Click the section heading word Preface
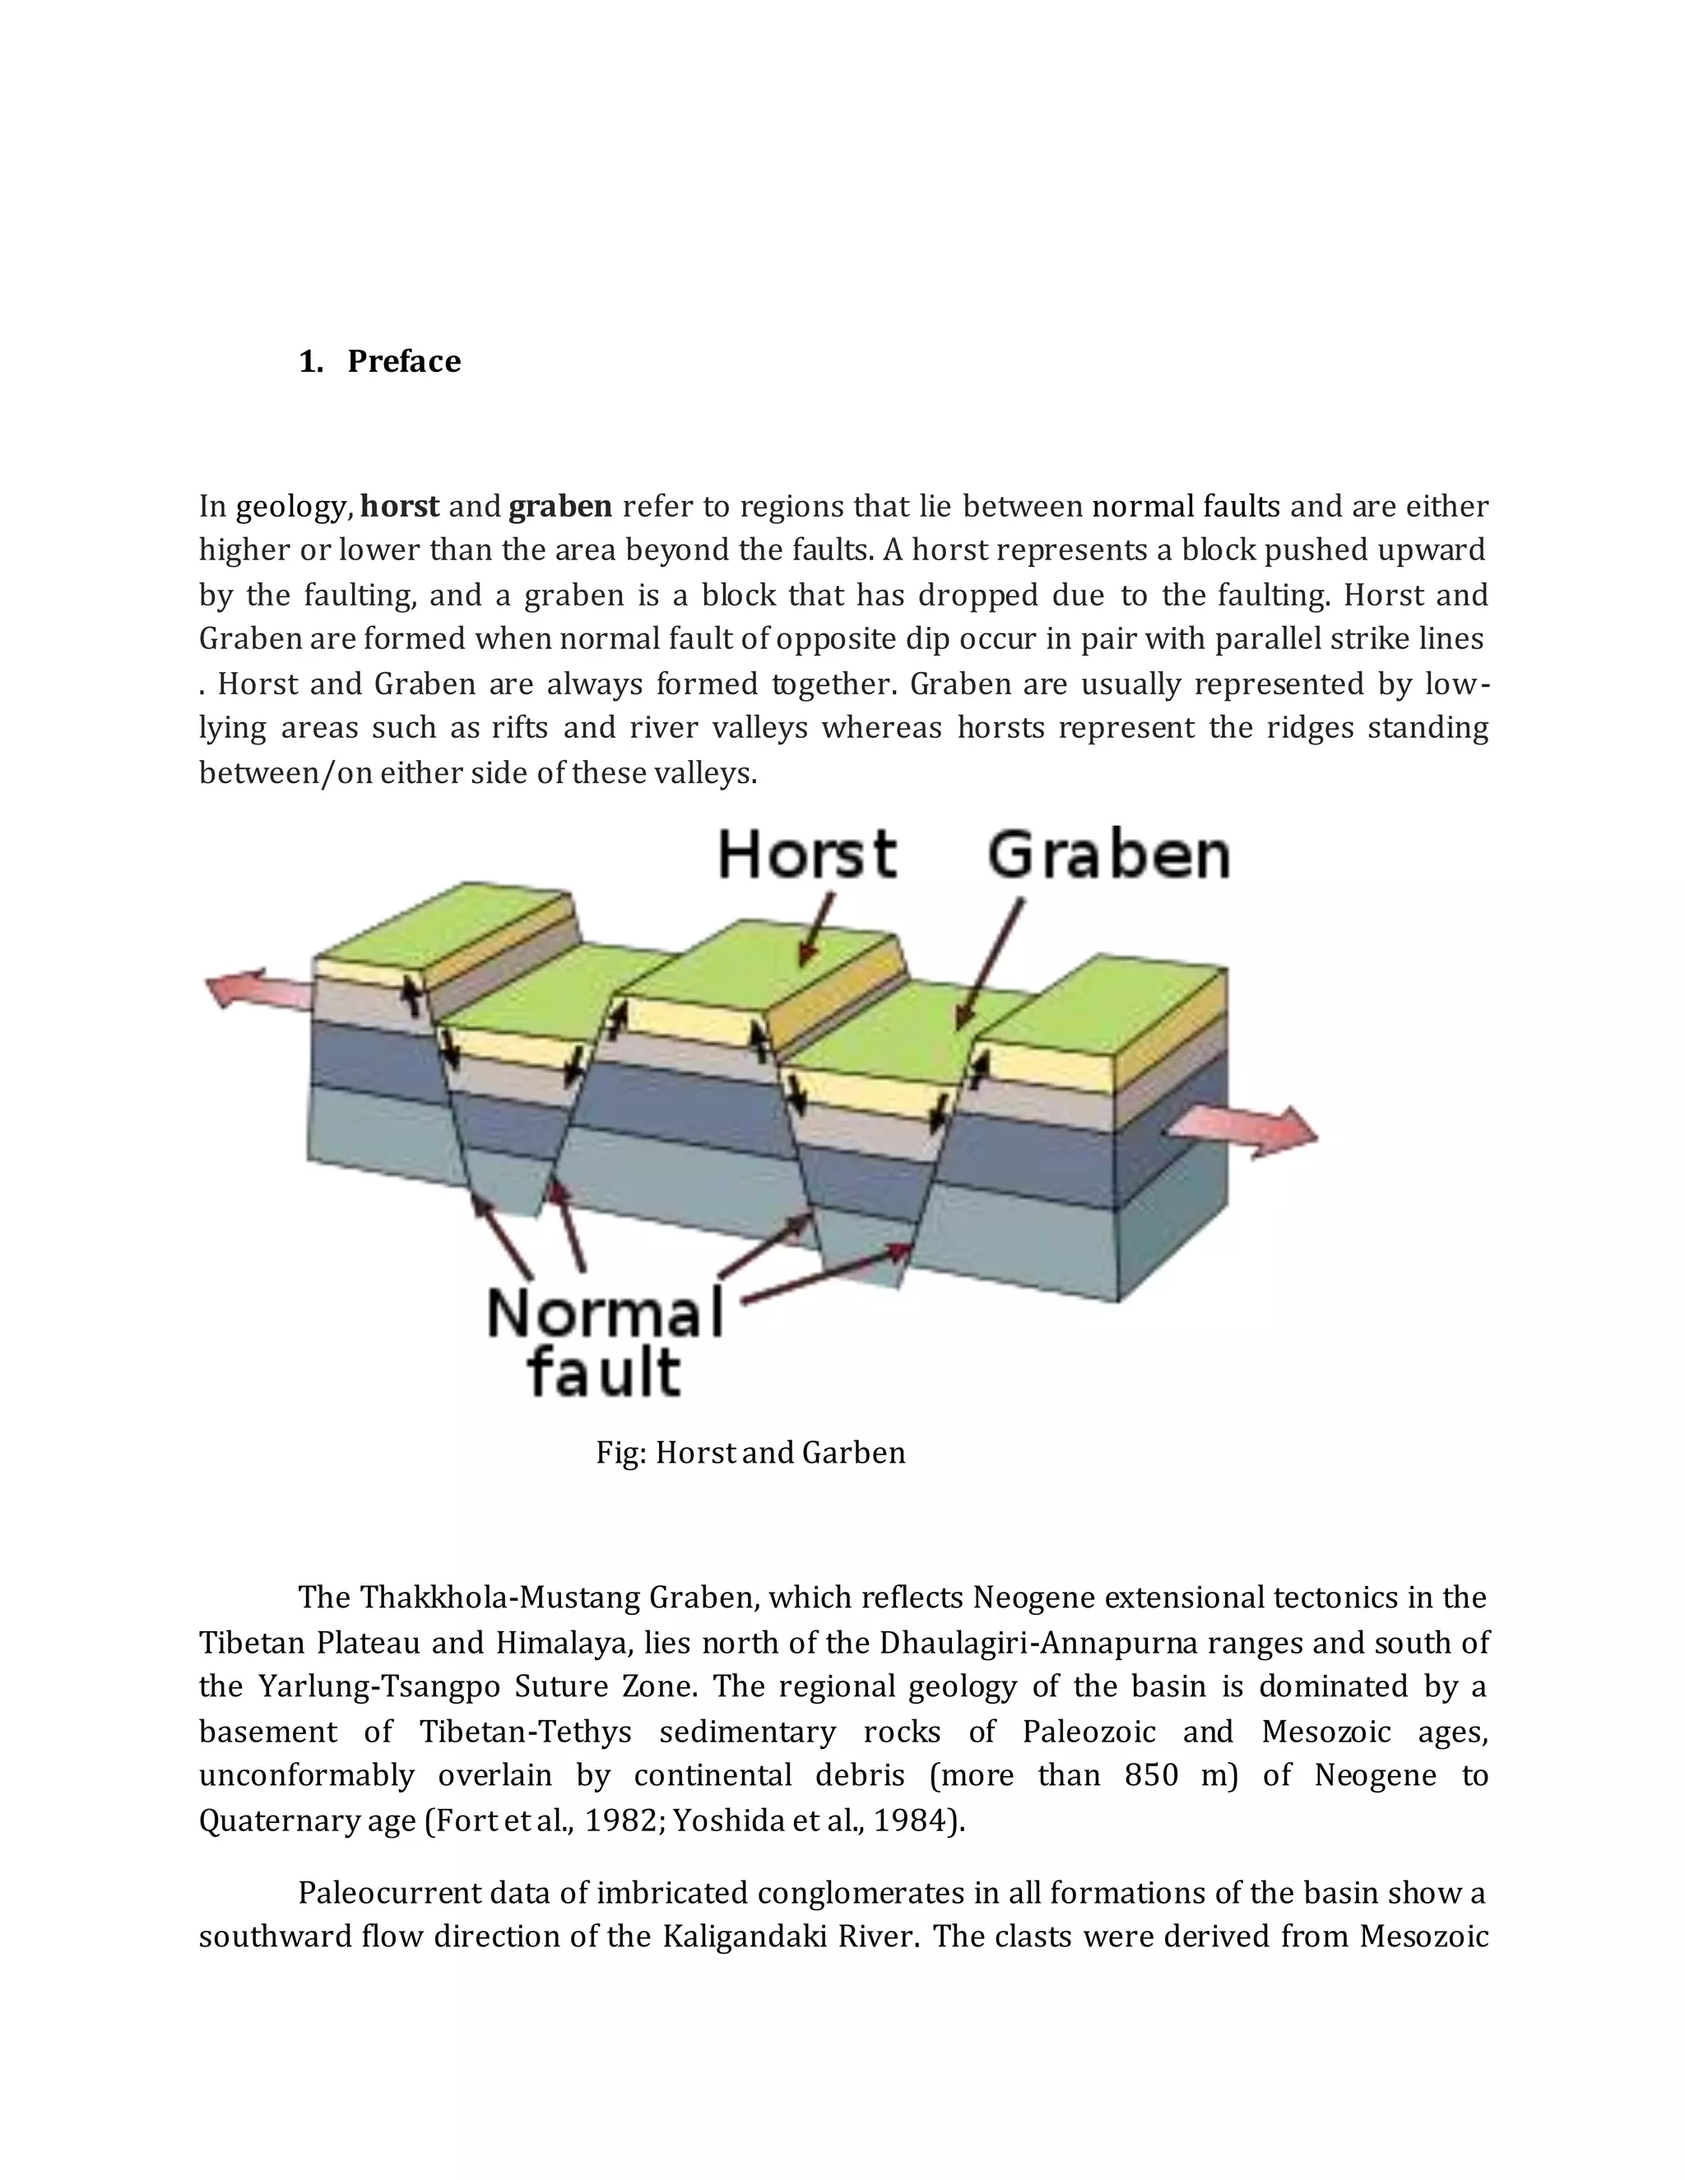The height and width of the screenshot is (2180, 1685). [x=403, y=361]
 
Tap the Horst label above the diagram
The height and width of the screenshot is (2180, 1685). [x=806, y=856]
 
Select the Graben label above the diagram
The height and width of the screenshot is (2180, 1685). [x=1108, y=856]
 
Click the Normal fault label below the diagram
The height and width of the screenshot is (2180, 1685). [x=604, y=1342]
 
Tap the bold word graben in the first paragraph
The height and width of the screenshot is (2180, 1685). [x=560, y=507]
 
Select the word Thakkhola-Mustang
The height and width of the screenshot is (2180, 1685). [x=500, y=1598]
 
